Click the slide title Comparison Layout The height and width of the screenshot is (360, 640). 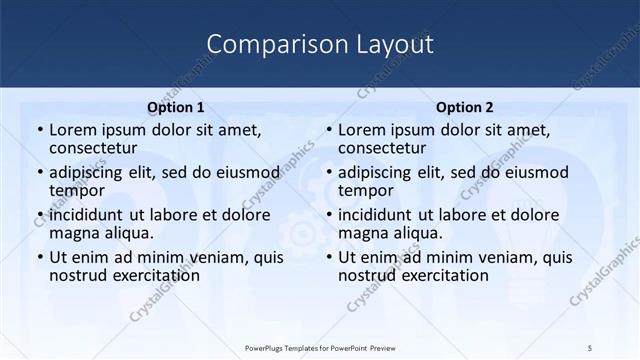coord(320,45)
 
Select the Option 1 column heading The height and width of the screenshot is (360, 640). coord(176,107)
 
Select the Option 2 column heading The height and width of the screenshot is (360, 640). coord(465,107)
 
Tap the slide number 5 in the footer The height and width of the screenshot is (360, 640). coord(591,347)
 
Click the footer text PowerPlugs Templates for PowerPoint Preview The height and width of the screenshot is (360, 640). coord(320,347)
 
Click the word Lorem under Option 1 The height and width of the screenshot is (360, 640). coord(73,129)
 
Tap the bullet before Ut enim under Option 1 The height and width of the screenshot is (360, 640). coord(39,257)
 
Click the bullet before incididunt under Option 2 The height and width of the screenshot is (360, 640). coord(328,215)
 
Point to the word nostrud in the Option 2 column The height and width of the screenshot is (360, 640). coord(367,275)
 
